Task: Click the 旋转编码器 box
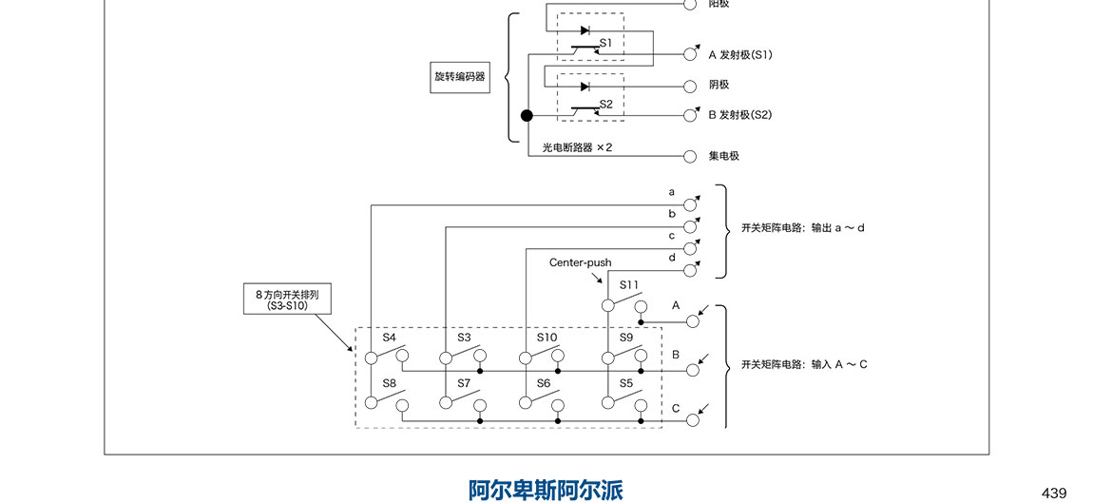point(459,77)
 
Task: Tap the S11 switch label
point(629,284)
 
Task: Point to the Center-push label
point(580,262)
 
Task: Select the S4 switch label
point(389,338)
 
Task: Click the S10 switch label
point(546,338)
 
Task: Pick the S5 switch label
point(626,383)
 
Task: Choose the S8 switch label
point(389,383)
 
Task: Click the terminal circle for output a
point(690,203)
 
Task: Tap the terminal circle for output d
point(690,269)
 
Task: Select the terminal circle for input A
point(693,321)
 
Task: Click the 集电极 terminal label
point(723,155)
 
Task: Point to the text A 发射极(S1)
point(739,55)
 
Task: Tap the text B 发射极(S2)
point(739,115)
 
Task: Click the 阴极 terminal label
point(719,86)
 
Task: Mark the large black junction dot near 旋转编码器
point(527,116)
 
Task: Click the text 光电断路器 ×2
point(577,148)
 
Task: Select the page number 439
point(1054,493)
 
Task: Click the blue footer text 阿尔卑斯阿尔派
point(546,490)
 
